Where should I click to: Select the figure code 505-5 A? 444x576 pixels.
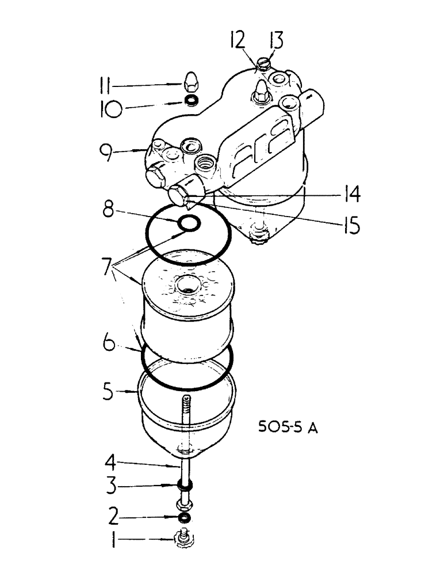pos(288,429)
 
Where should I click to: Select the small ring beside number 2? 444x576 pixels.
pos(184,515)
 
